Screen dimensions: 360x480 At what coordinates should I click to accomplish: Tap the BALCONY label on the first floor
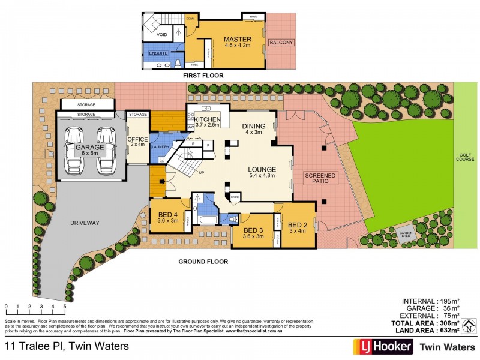click(x=280, y=43)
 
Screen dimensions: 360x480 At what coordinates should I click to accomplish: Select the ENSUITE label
click(x=158, y=53)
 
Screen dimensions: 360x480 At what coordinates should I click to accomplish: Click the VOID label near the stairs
click(x=162, y=35)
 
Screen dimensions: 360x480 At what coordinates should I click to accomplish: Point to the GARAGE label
click(x=90, y=147)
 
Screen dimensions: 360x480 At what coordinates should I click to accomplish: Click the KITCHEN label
click(x=208, y=120)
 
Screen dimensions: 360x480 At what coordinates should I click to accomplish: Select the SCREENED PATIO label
click(x=321, y=178)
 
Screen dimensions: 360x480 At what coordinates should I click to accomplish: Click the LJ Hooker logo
click(x=382, y=346)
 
